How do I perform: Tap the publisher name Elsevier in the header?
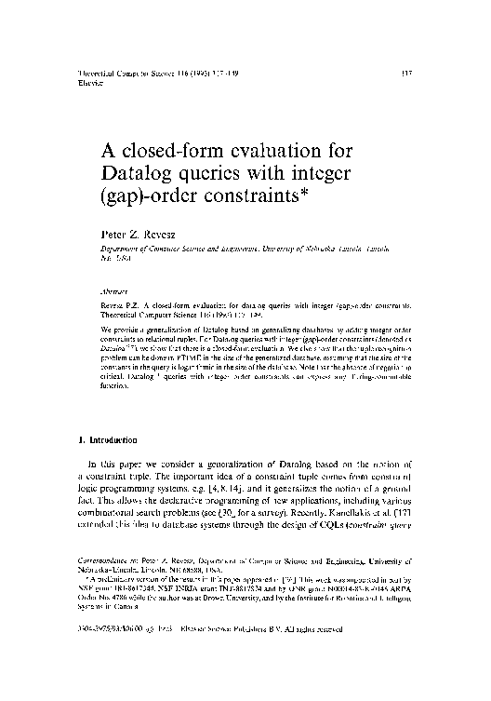pyautogui.click(x=85, y=80)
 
